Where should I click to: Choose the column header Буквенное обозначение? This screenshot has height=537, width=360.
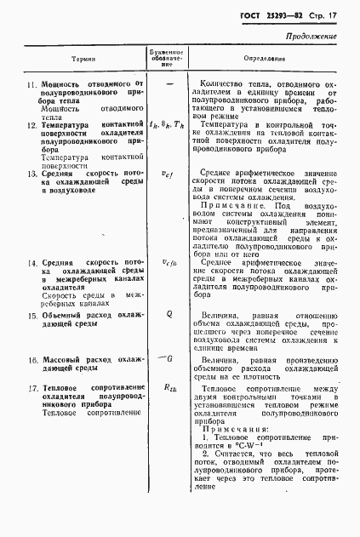(166, 59)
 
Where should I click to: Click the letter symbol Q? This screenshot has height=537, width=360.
(169, 314)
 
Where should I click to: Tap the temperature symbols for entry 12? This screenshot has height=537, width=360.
(166, 124)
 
